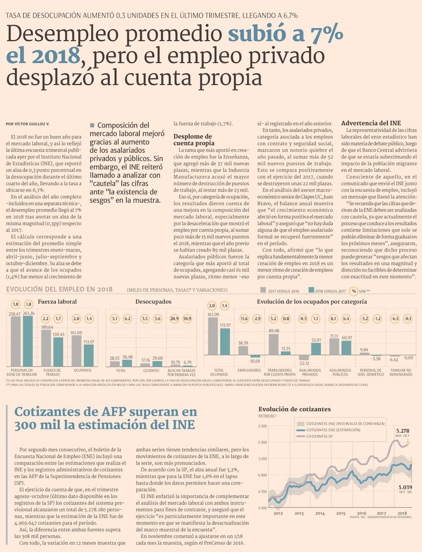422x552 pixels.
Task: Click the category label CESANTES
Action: pos(151,371)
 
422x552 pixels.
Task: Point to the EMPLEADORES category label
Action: pos(249,371)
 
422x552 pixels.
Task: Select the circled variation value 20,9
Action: pos(175,319)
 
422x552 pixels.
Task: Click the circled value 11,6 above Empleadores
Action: pos(244,319)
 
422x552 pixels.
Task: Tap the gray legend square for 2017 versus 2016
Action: pos(264,290)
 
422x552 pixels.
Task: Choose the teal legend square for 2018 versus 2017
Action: pos(311,290)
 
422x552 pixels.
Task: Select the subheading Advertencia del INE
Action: pos(371,123)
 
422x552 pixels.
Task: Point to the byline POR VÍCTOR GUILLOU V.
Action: pos(28,124)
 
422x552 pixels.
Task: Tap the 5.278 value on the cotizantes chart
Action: pos(403,431)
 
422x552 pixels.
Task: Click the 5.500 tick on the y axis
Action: pos(262,426)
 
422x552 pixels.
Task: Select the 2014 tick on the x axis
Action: pos(320,513)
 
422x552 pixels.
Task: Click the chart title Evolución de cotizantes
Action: pos(294,409)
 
